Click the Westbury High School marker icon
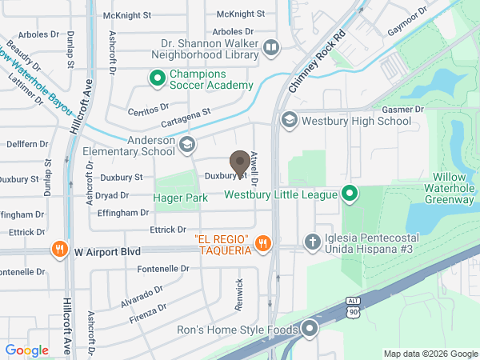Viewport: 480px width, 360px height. click(x=289, y=121)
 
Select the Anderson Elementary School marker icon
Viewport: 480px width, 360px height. click(x=186, y=145)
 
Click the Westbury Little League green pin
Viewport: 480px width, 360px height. click(x=349, y=194)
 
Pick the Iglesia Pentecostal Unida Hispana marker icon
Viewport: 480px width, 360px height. click(x=314, y=241)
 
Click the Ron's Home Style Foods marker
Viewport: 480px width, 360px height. click(x=310, y=329)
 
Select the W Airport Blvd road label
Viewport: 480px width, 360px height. click(x=107, y=251)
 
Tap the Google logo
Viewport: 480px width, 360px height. click(x=27, y=350)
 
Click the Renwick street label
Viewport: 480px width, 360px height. click(x=238, y=289)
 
